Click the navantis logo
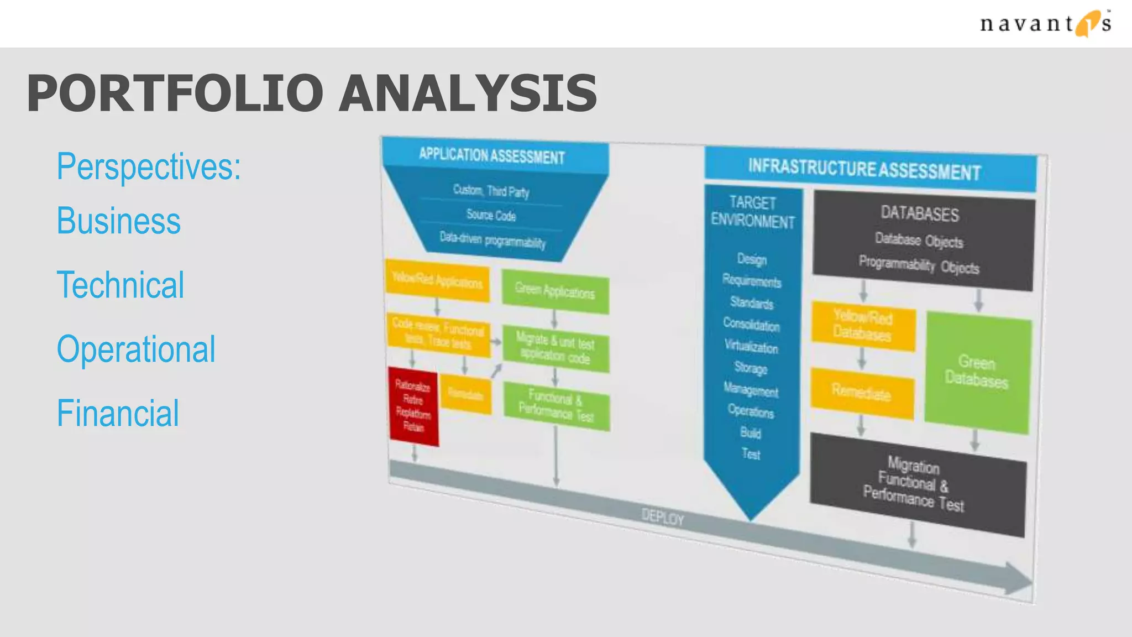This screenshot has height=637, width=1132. point(1045,24)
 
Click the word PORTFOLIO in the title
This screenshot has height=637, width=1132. point(175,93)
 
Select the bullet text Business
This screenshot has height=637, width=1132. point(119,221)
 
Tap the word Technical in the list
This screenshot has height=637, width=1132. point(120,285)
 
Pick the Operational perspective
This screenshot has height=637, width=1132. point(136,349)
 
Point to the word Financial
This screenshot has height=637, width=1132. point(118,414)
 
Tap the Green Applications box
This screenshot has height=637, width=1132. point(555,291)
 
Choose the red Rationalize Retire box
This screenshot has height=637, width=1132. point(413,406)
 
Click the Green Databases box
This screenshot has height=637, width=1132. point(977,372)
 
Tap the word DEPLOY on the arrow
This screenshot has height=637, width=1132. point(663,518)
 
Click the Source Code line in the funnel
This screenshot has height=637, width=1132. point(491,215)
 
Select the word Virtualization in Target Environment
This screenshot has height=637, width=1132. point(751,347)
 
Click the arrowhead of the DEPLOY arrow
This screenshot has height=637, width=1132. point(1017,579)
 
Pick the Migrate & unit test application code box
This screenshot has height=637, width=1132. point(555,349)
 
